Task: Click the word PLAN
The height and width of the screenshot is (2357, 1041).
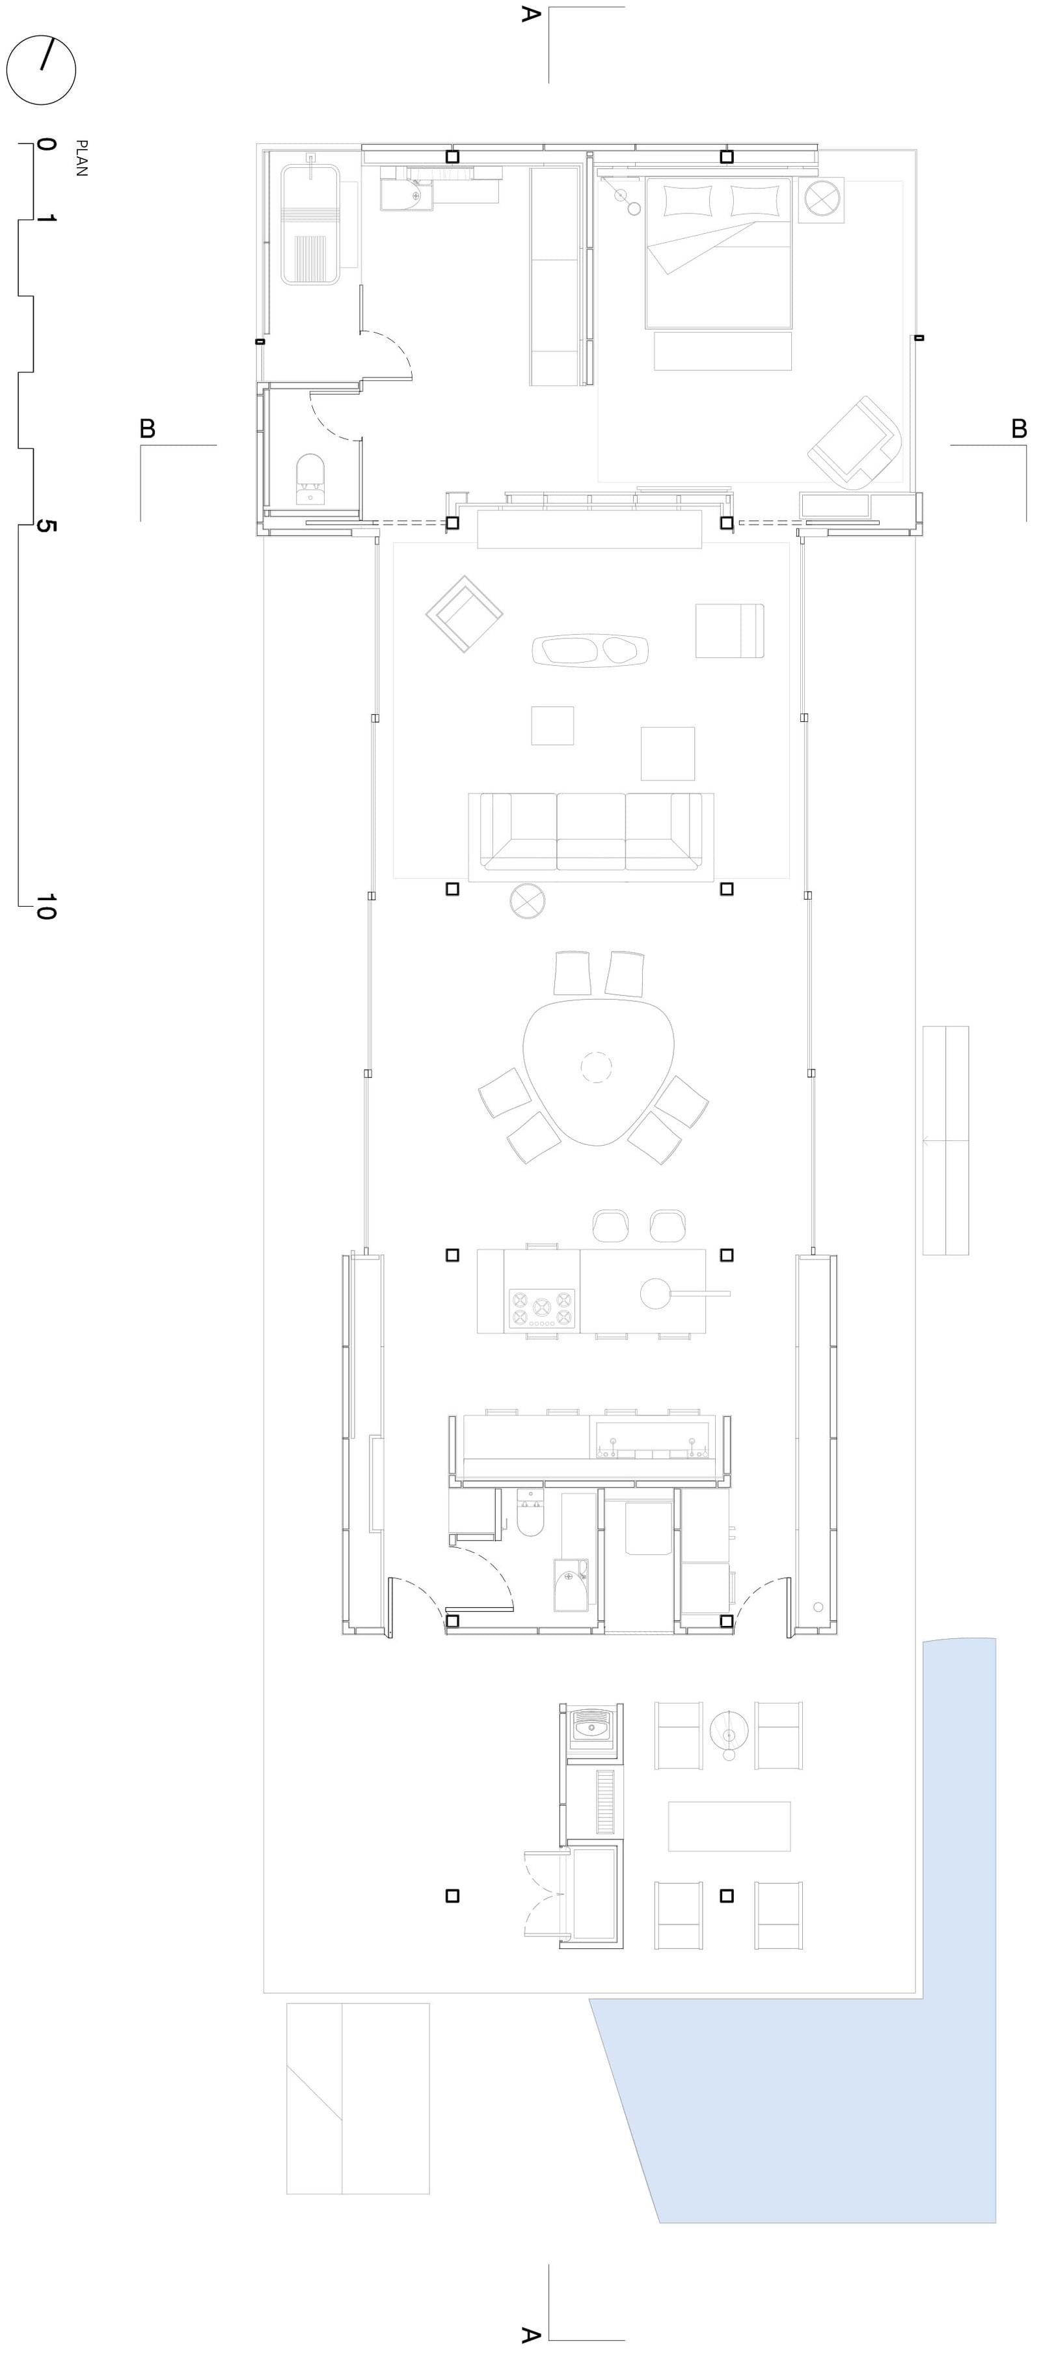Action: coord(81,158)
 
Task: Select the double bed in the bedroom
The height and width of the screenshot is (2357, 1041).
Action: coord(718,253)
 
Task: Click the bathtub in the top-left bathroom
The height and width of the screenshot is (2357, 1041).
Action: coord(311,224)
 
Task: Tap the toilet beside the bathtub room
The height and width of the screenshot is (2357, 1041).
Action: coord(311,478)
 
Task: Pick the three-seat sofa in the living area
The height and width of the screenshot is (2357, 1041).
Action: coord(591,837)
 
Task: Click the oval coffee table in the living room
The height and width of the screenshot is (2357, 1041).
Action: coord(590,650)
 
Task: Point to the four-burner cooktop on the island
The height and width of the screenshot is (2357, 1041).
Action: coord(541,1308)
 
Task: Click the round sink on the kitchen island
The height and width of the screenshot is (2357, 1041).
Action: coord(655,1293)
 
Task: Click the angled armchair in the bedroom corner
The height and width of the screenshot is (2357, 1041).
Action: coord(856,441)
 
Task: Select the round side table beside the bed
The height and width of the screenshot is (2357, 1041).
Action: coord(820,199)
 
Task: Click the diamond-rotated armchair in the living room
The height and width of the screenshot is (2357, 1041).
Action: coord(465,614)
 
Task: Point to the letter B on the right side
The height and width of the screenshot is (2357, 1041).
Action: coord(1019,428)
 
